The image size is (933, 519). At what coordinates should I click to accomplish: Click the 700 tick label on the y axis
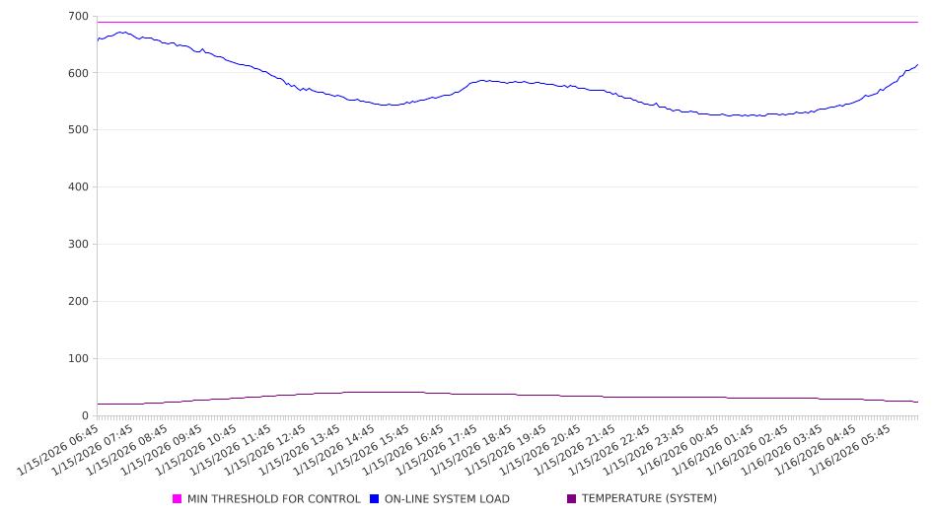[77, 16]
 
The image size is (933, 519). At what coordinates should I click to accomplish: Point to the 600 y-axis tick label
[77, 73]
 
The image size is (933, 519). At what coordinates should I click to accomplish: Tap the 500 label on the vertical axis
[77, 130]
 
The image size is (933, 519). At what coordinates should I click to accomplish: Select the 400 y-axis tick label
[77, 187]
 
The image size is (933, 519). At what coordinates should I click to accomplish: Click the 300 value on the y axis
[77, 245]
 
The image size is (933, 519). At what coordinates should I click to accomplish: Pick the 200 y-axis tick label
[77, 302]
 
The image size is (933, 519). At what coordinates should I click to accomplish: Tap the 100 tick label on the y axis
[77, 359]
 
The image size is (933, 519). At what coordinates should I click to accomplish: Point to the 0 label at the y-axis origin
[85, 416]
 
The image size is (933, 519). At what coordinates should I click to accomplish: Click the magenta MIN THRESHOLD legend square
[178, 499]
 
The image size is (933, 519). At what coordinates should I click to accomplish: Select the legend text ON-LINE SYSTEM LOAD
[447, 499]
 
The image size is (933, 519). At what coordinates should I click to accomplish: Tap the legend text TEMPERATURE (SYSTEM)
[649, 499]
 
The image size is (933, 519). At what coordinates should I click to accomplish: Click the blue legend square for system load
[375, 499]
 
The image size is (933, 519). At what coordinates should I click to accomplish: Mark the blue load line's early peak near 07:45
[121, 33]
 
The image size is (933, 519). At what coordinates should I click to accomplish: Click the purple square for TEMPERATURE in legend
[572, 499]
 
